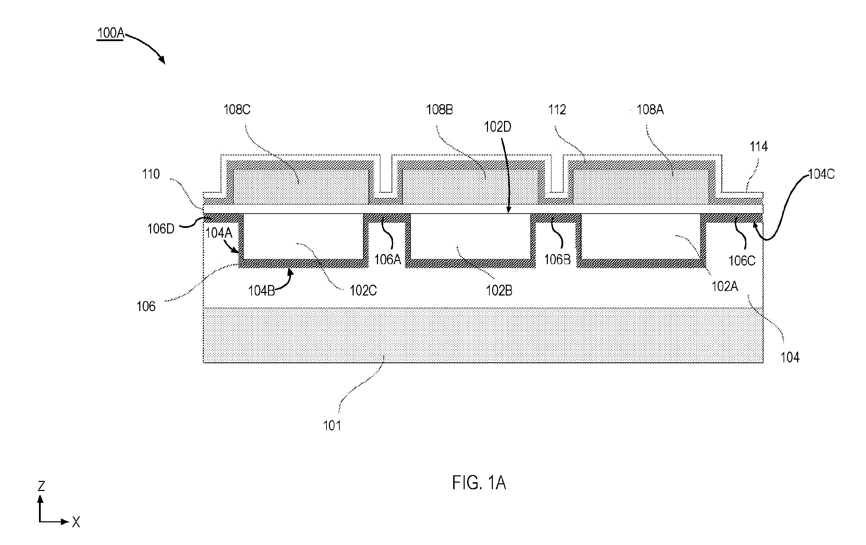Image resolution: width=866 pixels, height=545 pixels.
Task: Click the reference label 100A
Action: tap(110, 33)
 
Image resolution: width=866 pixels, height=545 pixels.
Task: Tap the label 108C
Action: tap(237, 109)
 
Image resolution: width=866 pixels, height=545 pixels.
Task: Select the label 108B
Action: tap(439, 109)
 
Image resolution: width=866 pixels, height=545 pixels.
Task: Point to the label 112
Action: tap(557, 109)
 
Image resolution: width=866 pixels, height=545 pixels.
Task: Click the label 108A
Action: tap(650, 109)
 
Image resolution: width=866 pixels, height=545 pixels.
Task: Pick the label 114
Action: tap(758, 146)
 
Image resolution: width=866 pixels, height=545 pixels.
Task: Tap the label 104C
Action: tap(821, 174)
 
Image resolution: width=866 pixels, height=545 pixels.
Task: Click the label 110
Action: tap(151, 174)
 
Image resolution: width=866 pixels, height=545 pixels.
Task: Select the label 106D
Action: tap(161, 229)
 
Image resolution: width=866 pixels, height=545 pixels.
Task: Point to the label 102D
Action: tap(497, 127)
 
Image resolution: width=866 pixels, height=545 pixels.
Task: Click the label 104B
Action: tap(261, 291)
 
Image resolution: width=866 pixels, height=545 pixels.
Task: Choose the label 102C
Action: tap(363, 291)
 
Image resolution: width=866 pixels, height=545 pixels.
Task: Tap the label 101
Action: tap(332, 426)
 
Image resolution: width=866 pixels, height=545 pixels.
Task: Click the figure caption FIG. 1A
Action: tap(479, 483)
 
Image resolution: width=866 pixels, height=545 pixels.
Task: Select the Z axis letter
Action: tap(41, 486)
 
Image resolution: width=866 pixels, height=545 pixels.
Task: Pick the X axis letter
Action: tap(76, 522)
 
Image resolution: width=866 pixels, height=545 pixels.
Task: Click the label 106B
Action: tap(557, 259)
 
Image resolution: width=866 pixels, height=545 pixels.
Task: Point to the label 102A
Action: tap(725, 286)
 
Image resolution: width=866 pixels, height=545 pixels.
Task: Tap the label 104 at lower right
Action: tap(790, 358)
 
